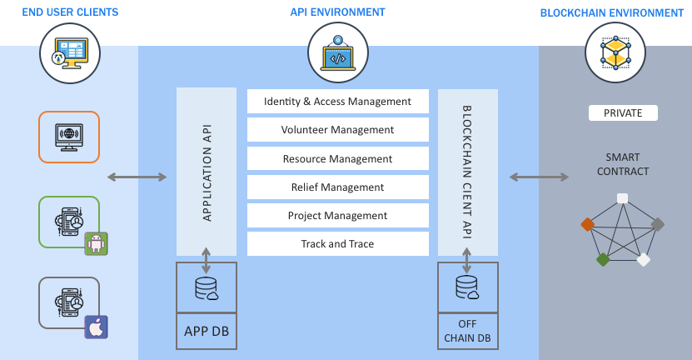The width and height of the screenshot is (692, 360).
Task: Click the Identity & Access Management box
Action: (x=337, y=102)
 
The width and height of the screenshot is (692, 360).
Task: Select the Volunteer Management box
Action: (x=337, y=130)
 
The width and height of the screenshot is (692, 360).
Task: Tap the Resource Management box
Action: (x=337, y=158)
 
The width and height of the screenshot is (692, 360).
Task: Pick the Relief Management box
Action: (x=337, y=187)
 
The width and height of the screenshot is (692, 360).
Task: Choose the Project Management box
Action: (x=337, y=216)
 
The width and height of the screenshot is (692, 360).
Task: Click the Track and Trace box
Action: (x=337, y=244)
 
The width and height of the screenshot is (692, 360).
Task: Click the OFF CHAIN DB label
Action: (x=467, y=332)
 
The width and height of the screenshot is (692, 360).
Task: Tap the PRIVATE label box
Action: (x=623, y=113)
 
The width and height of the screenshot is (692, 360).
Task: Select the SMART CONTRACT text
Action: (x=623, y=164)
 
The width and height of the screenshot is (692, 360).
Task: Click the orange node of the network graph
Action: (x=587, y=223)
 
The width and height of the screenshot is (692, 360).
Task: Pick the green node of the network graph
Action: (x=603, y=259)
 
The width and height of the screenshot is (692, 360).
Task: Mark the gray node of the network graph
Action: (x=657, y=223)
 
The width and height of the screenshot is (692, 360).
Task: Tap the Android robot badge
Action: (x=97, y=243)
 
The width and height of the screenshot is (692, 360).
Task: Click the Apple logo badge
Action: (x=97, y=327)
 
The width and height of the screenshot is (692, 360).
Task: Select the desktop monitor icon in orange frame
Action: (x=69, y=137)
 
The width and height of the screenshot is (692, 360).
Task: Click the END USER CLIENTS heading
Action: (x=70, y=12)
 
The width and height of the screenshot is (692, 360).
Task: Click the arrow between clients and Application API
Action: (x=137, y=177)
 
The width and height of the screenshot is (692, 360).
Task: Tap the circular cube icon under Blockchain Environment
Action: (x=615, y=52)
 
